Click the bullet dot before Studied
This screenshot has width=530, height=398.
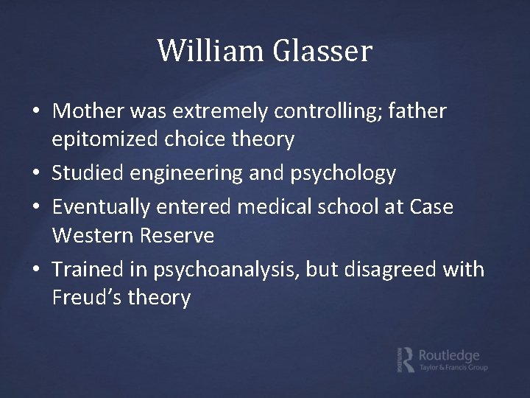pos(37,174)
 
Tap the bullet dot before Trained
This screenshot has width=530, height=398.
pos(37,270)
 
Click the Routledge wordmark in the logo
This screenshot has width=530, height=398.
pos(448,355)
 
